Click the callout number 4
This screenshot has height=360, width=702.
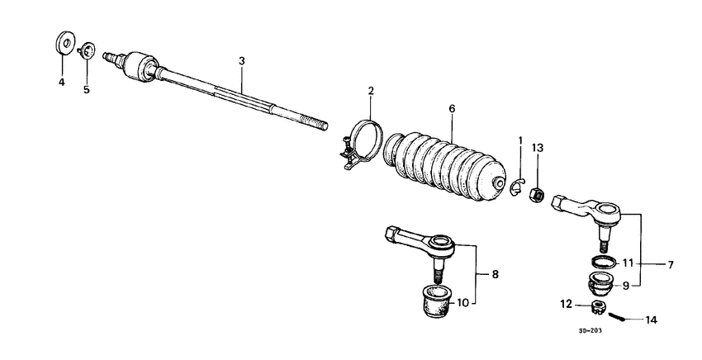click(61, 82)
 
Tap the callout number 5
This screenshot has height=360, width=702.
click(86, 88)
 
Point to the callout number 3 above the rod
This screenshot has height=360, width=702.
click(241, 61)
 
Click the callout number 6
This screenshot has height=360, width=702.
click(452, 108)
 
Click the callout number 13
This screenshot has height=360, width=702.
click(538, 147)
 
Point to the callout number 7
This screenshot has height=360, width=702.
click(671, 265)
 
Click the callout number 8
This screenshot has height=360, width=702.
click(495, 273)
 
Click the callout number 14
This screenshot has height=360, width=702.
click(652, 319)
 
